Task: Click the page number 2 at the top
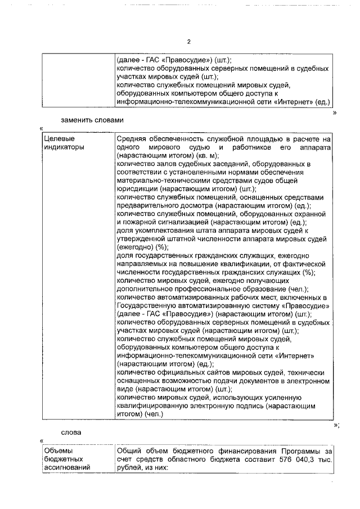pos(189,42)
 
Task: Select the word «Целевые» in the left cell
pos(60,138)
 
